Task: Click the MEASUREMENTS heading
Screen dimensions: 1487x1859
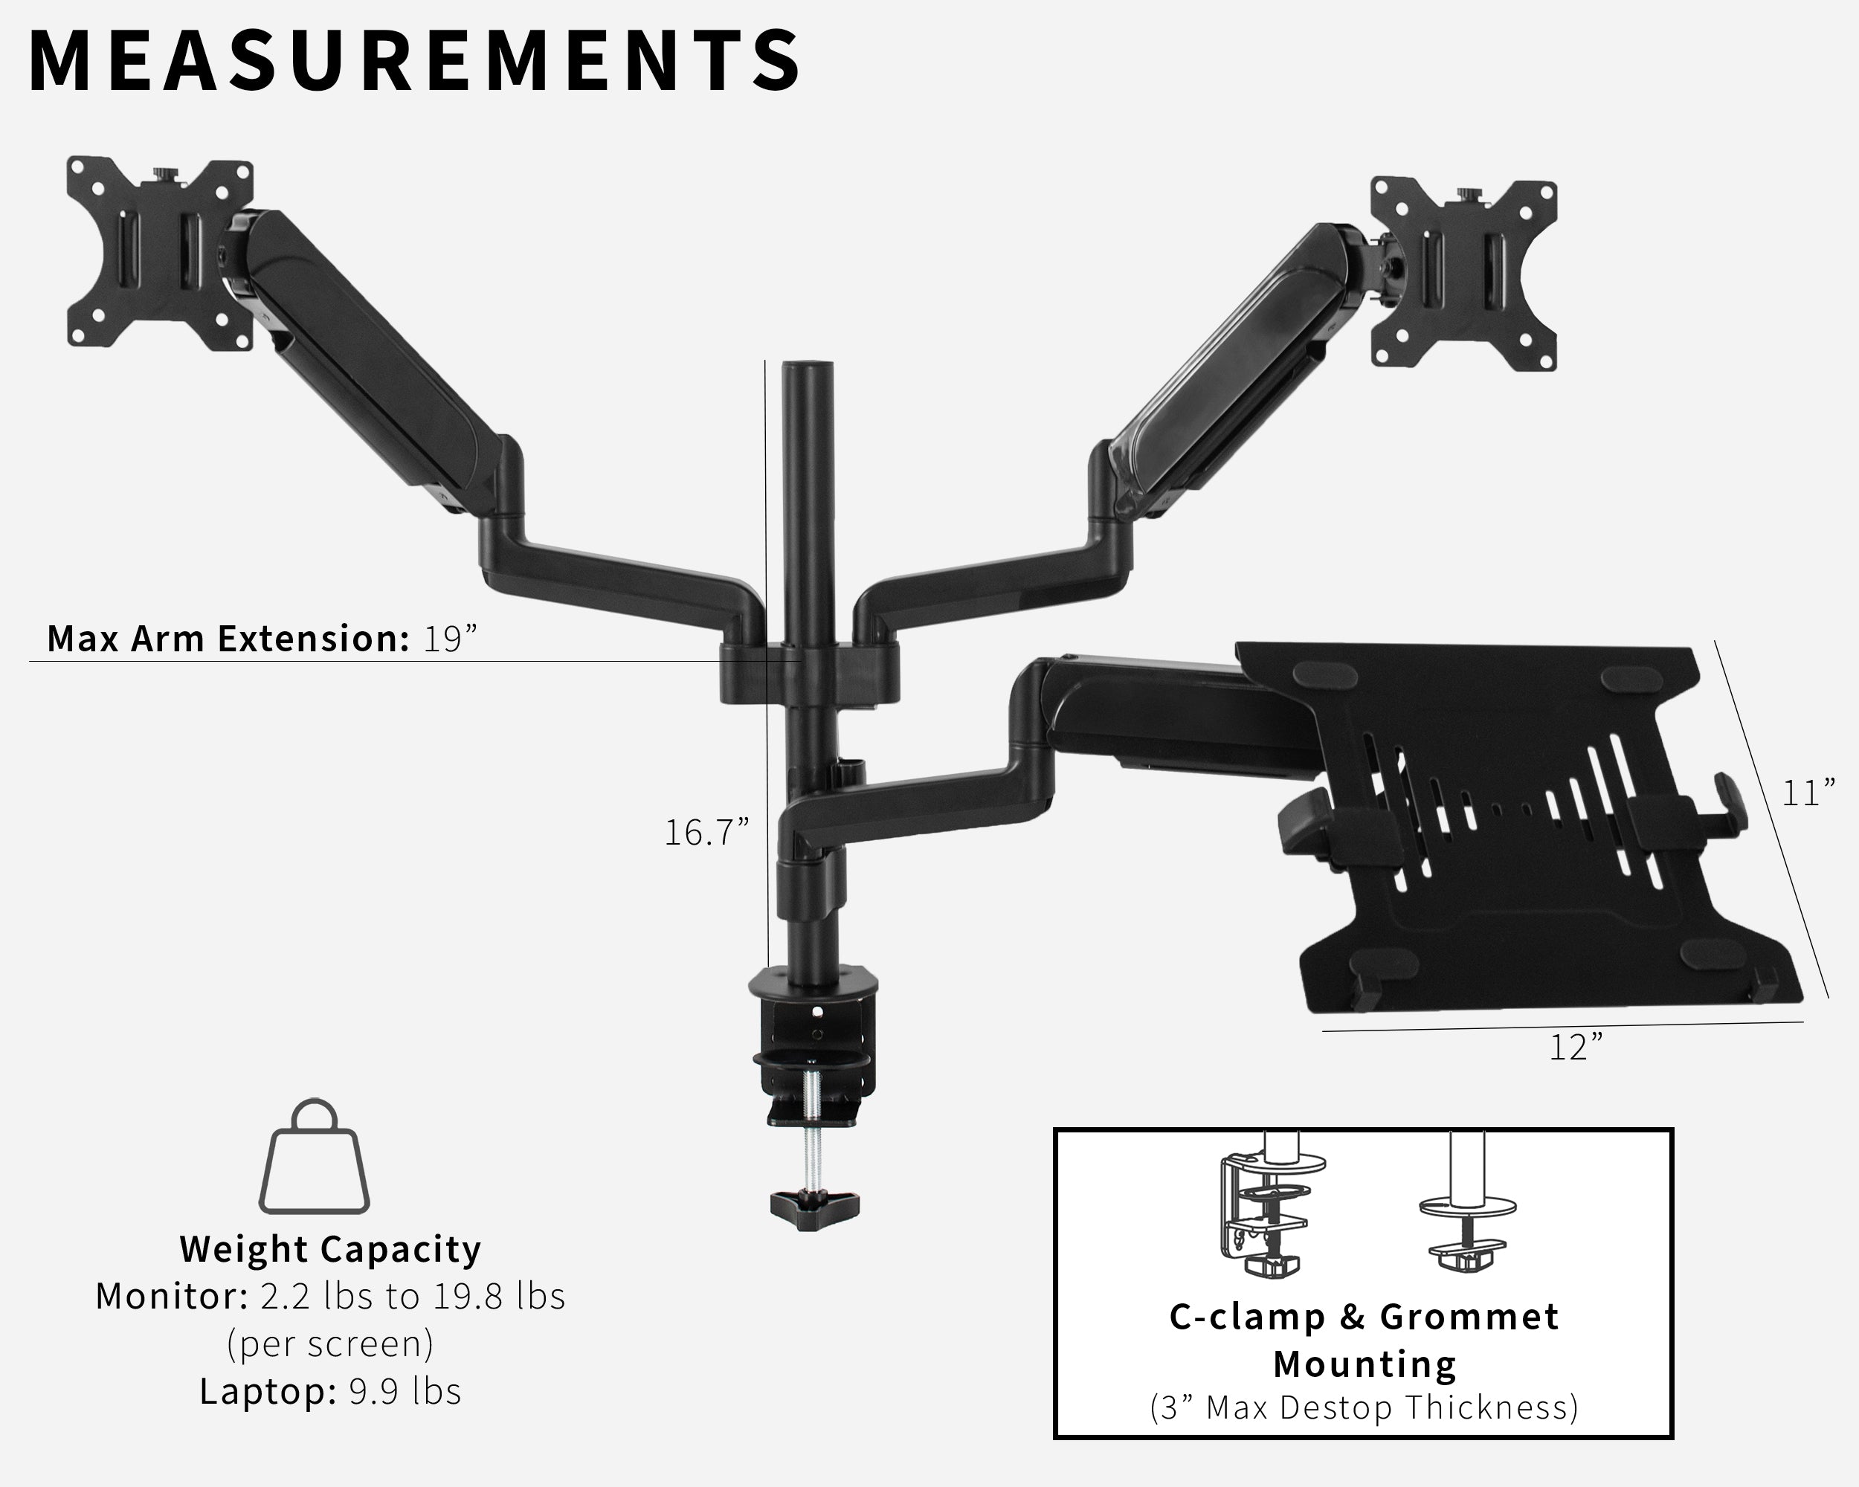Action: pos(414,60)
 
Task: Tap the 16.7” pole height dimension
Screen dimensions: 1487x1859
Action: pos(706,833)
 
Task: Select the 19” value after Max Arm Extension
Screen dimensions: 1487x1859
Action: pos(449,639)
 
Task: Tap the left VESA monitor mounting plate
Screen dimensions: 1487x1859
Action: pos(160,254)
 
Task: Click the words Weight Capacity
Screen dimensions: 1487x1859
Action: pos(330,1249)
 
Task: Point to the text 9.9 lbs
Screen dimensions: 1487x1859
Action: pos(405,1391)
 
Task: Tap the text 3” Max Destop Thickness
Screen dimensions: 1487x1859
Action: pos(1364,1407)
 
